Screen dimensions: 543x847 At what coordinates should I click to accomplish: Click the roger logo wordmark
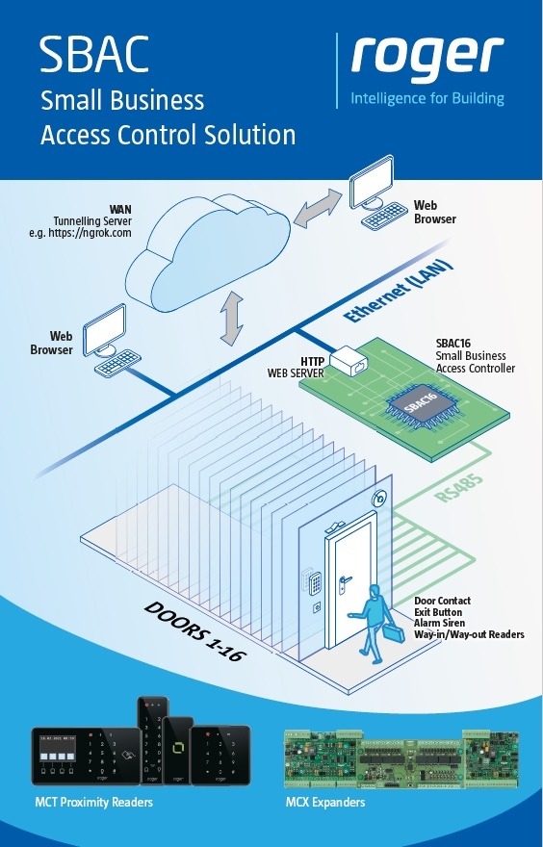427,60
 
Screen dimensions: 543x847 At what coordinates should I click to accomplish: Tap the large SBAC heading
94,56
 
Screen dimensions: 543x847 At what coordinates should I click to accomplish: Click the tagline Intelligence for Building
427,98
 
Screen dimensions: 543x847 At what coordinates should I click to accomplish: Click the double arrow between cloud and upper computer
319,209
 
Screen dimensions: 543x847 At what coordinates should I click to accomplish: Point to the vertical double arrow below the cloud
232,318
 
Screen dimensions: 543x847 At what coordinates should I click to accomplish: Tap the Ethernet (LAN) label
400,292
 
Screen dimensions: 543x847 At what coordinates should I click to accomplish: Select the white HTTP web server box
349,360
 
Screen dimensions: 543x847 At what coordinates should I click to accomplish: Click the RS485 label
458,489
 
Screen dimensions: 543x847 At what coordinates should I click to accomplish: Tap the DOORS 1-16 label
194,631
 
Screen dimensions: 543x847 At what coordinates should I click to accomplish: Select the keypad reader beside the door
315,580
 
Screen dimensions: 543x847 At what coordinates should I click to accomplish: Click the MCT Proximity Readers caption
94,802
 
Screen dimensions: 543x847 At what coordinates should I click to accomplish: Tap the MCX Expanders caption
325,802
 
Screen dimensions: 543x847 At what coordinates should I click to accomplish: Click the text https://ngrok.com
90,233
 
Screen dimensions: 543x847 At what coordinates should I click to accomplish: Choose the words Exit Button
438,612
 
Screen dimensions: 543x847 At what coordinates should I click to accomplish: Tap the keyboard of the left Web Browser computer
117,363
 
